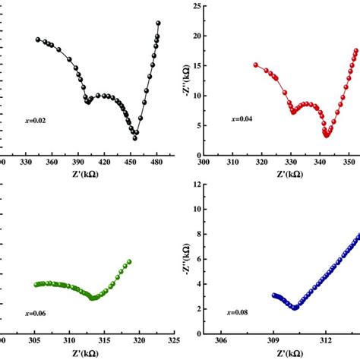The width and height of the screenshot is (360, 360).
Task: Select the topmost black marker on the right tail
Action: (158, 24)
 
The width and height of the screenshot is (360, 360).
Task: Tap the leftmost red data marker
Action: (256, 65)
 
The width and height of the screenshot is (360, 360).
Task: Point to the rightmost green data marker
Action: (129, 262)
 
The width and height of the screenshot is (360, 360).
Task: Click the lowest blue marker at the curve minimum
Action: (295, 307)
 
